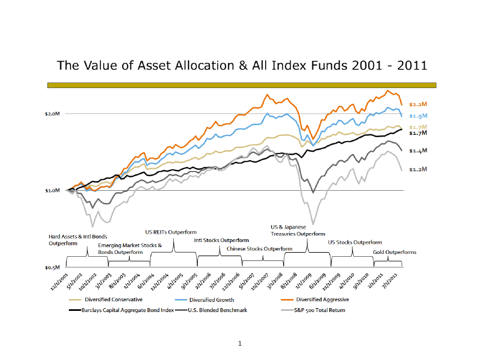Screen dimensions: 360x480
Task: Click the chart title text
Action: (241, 65)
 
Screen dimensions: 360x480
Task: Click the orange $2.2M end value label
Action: (418, 104)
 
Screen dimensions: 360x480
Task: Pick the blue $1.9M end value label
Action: (418, 116)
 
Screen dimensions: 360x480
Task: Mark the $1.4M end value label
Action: (418, 151)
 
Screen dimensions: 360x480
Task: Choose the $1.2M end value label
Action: (418, 169)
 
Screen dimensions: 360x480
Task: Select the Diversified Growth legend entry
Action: (212, 300)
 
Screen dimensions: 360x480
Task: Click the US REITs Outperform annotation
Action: (171, 232)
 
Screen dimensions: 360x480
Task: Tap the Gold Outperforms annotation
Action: (394, 252)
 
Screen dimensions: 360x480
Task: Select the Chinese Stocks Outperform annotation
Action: (259, 248)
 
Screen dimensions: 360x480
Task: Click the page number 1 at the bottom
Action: (240, 343)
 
